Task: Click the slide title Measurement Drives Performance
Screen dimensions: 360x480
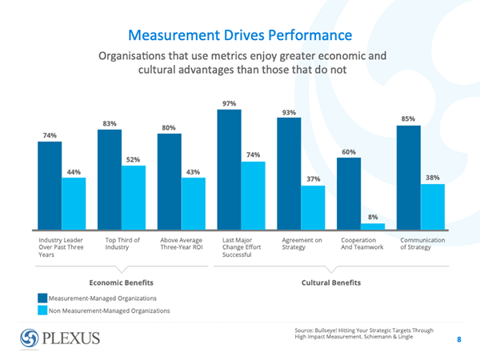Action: coord(241,35)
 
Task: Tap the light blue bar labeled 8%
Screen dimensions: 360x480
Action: coord(373,226)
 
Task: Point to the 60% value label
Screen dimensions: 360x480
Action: coord(349,152)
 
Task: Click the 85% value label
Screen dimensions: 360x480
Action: coord(408,119)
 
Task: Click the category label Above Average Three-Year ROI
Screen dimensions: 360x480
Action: coord(182,243)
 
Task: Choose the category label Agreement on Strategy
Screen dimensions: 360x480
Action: coord(302,243)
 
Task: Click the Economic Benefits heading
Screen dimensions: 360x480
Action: coord(121,282)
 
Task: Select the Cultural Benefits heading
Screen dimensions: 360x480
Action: coord(331,282)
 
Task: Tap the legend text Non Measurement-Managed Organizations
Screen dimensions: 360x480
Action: coord(110,310)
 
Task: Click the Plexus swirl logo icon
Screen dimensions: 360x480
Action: coord(30,337)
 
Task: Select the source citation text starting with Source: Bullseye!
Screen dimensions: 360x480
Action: coord(363,333)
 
